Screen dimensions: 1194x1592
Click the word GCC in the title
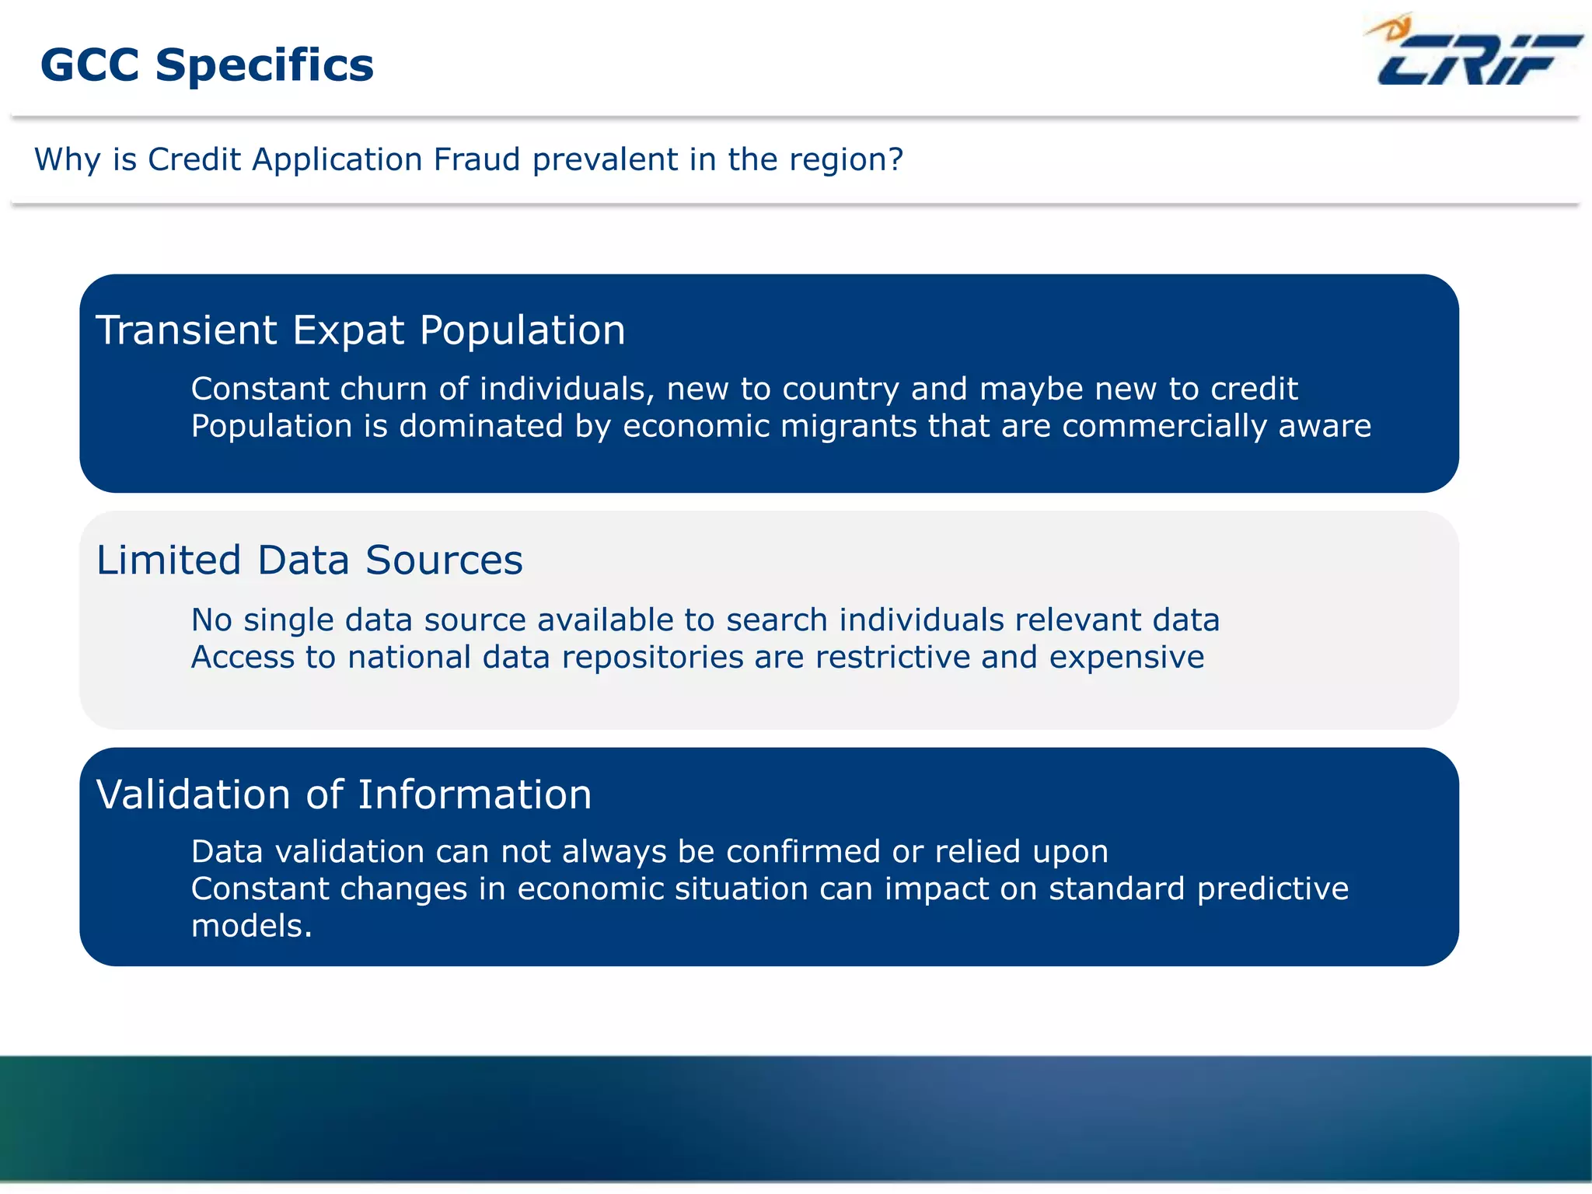(x=89, y=65)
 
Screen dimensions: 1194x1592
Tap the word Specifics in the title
(x=264, y=66)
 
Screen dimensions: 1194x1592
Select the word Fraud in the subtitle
(x=477, y=159)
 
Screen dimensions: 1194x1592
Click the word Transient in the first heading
(x=187, y=330)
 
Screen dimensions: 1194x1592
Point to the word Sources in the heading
(x=444, y=560)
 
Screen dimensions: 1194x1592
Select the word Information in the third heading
(x=474, y=795)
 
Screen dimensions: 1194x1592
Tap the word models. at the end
(x=251, y=927)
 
